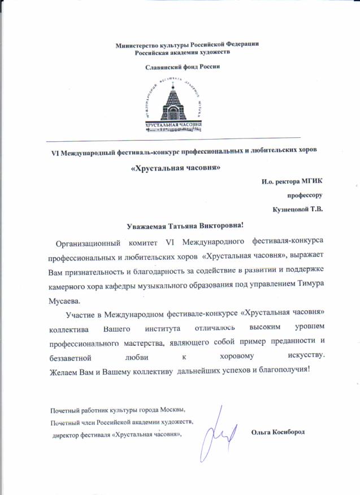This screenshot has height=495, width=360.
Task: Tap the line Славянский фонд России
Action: coord(179,67)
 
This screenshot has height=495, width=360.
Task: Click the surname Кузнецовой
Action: coord(292,209)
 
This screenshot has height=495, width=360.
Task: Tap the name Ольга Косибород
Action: coord(277,432)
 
